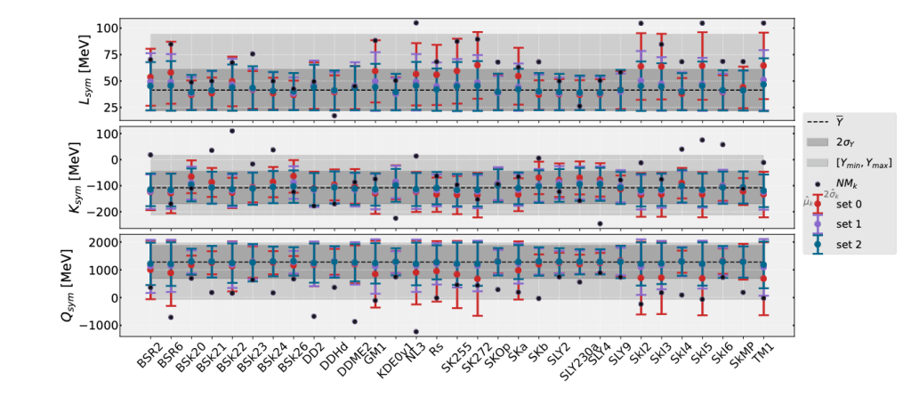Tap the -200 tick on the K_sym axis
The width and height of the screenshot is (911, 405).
click(104, 211)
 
